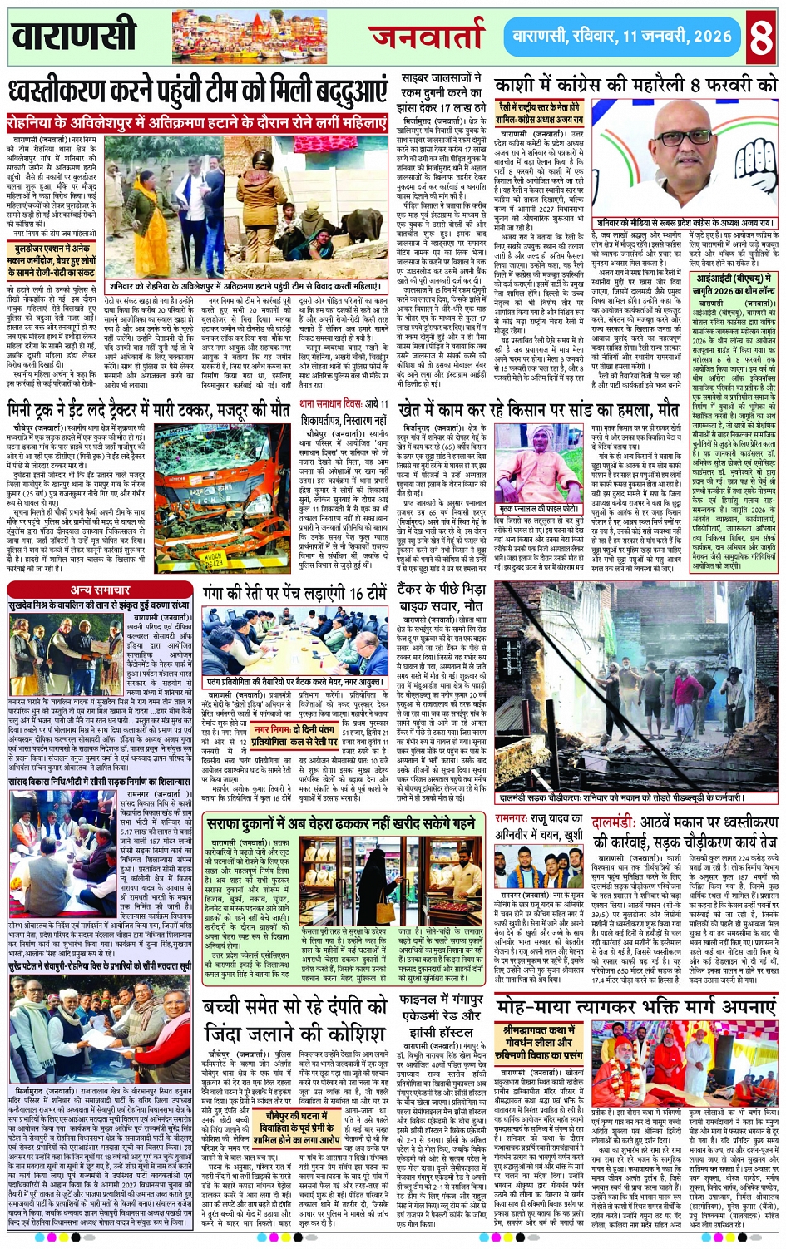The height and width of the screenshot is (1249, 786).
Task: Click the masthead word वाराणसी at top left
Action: pyautogui.click(x=74, y=35)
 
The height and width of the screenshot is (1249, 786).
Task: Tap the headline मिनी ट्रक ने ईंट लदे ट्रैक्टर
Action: pyautogui.click(x=148, y=409)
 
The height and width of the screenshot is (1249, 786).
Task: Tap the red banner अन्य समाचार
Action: pyautogui.click(x=100, y=590)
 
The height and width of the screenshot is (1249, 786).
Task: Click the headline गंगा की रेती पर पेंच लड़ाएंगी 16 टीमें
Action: pyautogui.click(x=294, y=593)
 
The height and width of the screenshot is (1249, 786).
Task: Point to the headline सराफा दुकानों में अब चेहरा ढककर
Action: pyautogui.click(x=341, y=823)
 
